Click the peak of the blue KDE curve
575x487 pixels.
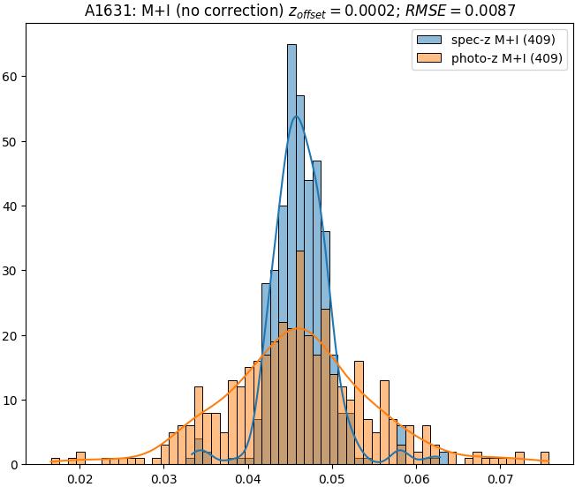pos(296,116)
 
